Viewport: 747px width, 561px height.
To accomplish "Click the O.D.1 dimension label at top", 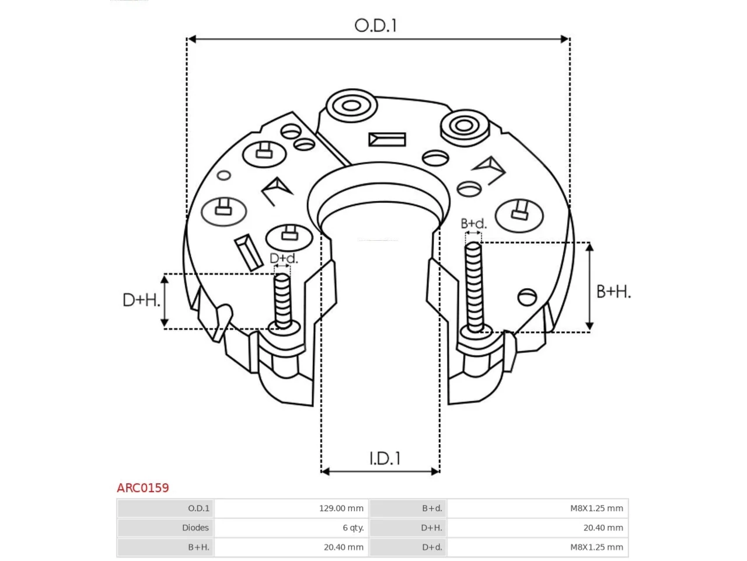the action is [375, 26].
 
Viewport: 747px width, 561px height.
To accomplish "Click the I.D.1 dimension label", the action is [385, 459].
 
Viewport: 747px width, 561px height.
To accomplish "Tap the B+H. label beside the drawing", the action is [613, 292].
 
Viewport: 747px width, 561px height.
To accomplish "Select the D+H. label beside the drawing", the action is [141, 300].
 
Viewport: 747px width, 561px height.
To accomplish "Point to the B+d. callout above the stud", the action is [473, 223].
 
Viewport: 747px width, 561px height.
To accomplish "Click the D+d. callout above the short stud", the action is [284, 258].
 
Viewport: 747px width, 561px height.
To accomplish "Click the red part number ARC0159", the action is [142, 488].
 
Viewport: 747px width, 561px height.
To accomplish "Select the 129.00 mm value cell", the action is [341, 508].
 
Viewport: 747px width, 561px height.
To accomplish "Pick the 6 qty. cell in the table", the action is [353, 528].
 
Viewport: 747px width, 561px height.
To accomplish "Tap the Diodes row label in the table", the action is [196, 528].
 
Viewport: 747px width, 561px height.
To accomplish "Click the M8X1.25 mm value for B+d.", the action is [596, 508].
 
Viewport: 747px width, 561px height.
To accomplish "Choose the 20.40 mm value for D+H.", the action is [603, 528].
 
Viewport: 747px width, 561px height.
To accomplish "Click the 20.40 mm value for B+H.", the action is [343, 547].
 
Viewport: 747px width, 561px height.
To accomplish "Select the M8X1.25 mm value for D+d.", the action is [596, 547].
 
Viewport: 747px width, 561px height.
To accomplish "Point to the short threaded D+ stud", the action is [283, 301].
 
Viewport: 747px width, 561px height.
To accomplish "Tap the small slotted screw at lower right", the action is [527, 297].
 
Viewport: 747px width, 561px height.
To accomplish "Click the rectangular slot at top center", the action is [387, 140].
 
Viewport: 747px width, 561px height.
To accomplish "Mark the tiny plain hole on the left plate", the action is [224, 175].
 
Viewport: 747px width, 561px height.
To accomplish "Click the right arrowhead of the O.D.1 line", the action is [566, 39].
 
